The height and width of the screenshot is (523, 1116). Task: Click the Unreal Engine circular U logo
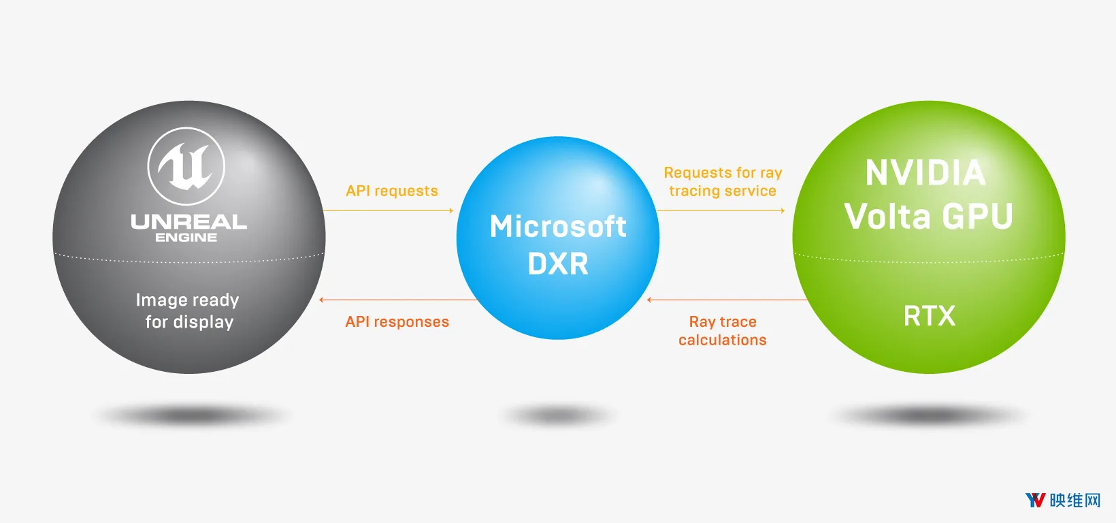(186, 166)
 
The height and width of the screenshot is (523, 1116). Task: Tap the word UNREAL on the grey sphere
(188, 222)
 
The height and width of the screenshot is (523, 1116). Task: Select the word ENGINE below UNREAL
(186, 237)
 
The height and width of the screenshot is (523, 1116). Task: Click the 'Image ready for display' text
(188, 311)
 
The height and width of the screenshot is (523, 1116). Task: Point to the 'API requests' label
(392, 191)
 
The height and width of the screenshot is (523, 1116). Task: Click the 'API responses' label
(397, 321)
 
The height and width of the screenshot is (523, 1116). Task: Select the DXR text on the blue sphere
(558, 264)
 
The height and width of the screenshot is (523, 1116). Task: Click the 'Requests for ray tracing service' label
(723, 182)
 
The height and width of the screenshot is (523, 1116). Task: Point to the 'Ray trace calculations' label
(723, 330)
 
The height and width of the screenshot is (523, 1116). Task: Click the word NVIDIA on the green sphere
(925, 173)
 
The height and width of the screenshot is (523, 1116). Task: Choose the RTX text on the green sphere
(930, 315)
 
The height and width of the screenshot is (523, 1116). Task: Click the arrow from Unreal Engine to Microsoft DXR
(388, 211)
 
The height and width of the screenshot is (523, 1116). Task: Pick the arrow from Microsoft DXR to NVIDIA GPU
(721, 211)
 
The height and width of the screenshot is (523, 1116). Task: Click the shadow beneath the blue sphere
(558, 415)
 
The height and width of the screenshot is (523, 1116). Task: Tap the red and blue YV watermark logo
(1035, 500)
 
